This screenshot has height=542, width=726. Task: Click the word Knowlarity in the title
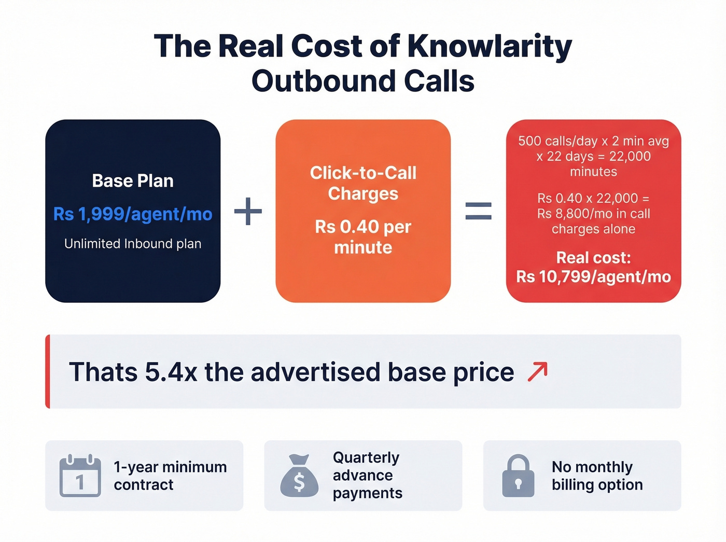click(489, 46)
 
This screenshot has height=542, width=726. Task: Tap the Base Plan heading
click(133, 180)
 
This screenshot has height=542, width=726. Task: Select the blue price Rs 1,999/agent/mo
click(133, 214)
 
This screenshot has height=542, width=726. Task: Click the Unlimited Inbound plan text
click(133, 244)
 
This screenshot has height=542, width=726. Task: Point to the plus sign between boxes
click(248, 211)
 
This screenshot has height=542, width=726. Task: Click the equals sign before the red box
click(478, 211)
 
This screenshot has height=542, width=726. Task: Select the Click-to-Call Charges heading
click(363, 183)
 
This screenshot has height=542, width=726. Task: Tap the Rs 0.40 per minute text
click(363, 237)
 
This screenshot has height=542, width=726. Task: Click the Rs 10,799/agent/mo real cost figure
click(593, 276)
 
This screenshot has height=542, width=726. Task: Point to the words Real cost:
click(593, 258)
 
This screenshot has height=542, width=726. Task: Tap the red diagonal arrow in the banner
click(537, 372)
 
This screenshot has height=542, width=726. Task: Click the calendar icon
click(80, 476)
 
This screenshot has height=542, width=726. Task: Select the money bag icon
click(299, 476)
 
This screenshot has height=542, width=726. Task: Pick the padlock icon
click(518, 476)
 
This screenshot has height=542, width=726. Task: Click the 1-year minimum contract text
click(170, 476)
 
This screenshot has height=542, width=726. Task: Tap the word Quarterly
click(366, 457)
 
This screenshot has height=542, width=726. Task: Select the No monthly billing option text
click(597, 476)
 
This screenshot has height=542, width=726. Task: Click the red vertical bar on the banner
click(48, 371)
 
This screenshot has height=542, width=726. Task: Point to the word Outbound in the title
click(323, 81)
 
